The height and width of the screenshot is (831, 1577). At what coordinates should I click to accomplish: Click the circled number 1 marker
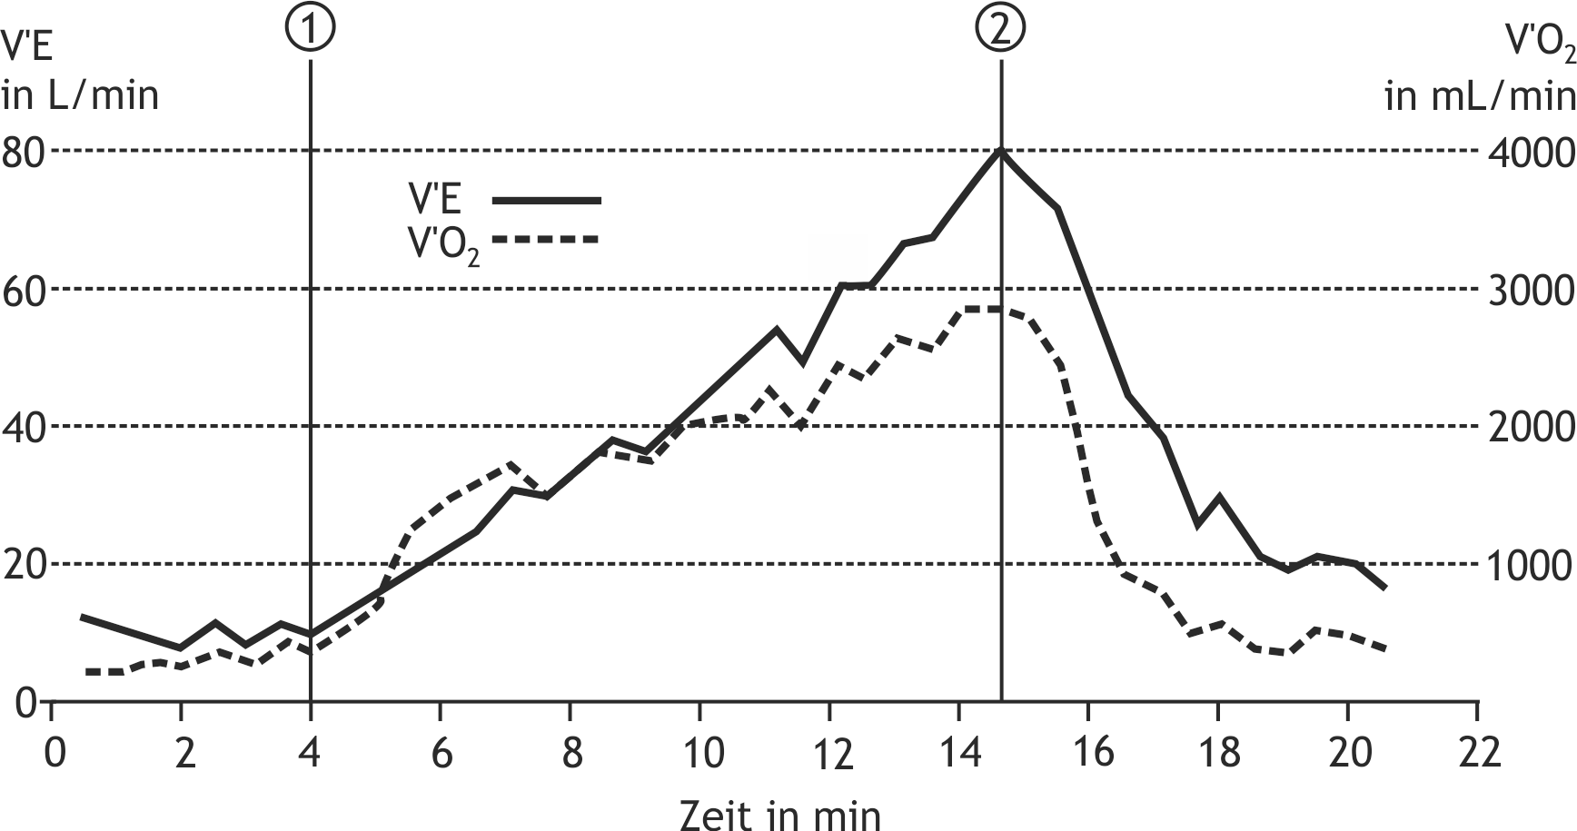[x=311, y=28]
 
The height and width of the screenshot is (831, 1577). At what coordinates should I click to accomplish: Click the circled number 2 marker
[x=1000, y=28]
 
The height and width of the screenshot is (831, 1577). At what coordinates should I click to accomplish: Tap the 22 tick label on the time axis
[x=1478, y=753]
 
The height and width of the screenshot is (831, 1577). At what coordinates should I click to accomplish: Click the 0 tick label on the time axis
[x=55, y=753]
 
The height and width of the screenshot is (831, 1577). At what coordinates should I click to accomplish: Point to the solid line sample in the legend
[x=546, y=199]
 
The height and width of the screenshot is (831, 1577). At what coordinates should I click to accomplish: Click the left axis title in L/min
[x=80, y=95]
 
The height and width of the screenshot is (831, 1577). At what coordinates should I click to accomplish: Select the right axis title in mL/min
[x=1480, y=95]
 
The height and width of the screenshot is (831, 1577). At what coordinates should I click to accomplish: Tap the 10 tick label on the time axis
[x=701, y=753]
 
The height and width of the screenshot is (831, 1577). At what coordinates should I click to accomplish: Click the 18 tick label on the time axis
[x=1218, y=753]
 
